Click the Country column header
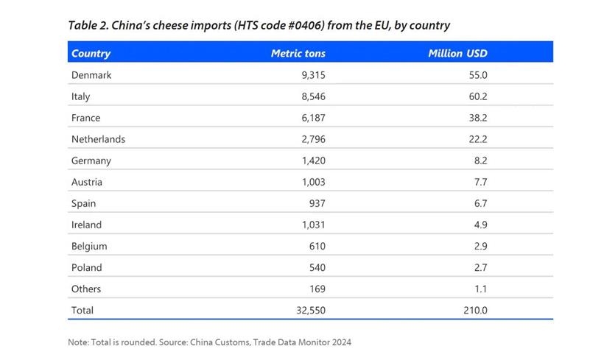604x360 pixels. (91, 53)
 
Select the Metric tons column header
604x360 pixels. (298, 53)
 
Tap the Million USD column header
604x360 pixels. (457, 53)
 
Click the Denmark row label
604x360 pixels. (91, 75)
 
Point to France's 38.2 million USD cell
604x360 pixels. (478, 118)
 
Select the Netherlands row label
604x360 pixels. (98, 139)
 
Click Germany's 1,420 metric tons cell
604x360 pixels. (312, 160)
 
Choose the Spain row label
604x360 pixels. (83, 203)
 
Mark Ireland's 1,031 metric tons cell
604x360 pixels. (312, 225)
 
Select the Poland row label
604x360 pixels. (86, 267)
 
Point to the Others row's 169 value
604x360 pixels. (317, 289)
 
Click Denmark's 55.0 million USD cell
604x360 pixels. (478, 75)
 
